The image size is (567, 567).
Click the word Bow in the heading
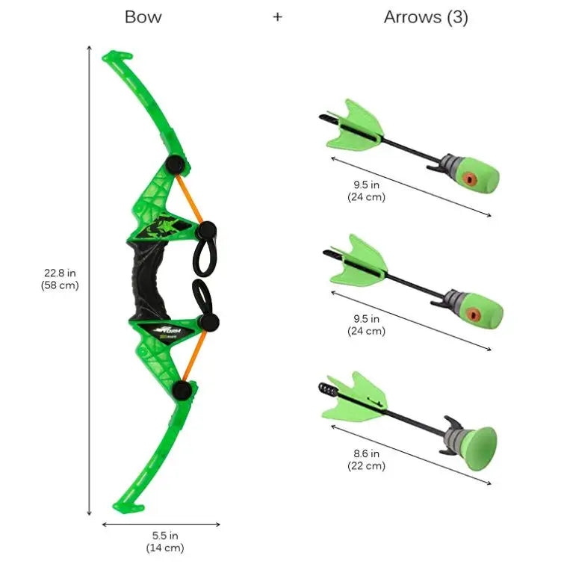click(x=143, y=17)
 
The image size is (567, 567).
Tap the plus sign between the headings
click(x=277, y=17)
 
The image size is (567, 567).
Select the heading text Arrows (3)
click(x=426, y=17)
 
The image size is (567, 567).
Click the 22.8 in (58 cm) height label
click(x=60, y=279)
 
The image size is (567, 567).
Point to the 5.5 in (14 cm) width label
click(x=164, y=542)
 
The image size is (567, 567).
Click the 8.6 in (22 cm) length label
click(x=366, y=459)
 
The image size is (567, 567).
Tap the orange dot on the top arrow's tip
click(x=468, y=178)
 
